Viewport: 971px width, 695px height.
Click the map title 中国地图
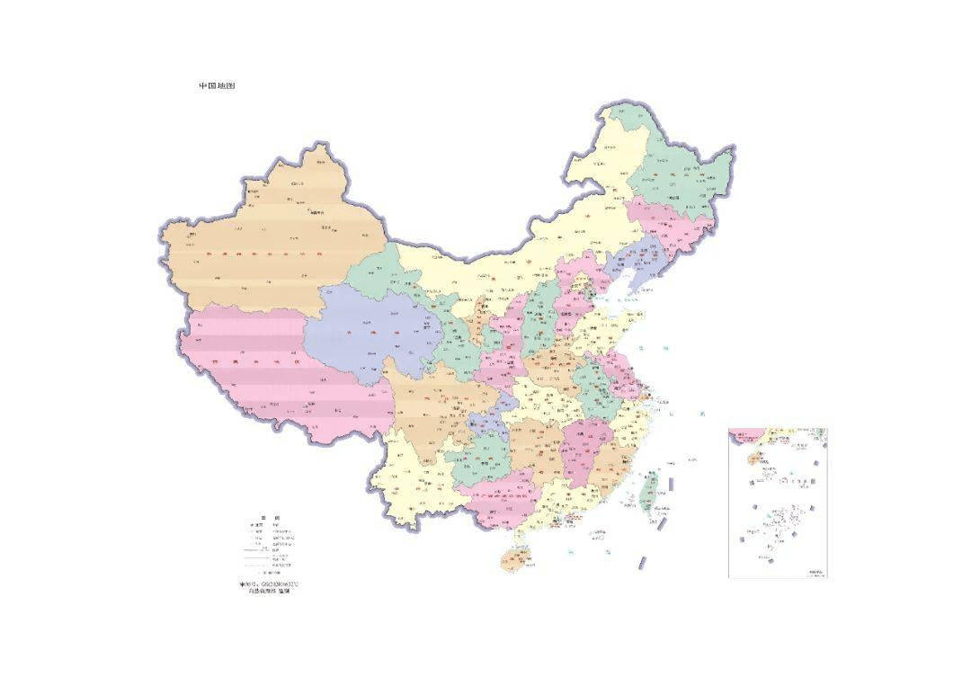pyautogui.click(x=217, y=86)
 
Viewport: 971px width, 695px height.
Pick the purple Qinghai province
pyautogui.click(x=369, y=333)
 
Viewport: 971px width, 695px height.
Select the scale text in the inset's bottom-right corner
pyautogui.click(x=815, y=573)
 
